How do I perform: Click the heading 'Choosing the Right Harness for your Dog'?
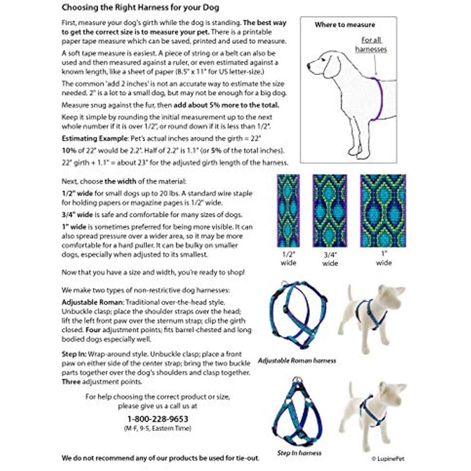140,8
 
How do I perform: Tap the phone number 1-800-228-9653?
157,419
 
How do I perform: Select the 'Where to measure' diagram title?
344,25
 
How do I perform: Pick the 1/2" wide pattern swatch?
288,211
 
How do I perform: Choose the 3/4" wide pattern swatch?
330,211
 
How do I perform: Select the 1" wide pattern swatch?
383,211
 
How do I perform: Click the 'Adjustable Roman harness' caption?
297,361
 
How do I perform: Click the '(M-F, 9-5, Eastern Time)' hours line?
157,428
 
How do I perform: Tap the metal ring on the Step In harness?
296,380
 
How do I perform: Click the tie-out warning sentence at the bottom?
160,458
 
